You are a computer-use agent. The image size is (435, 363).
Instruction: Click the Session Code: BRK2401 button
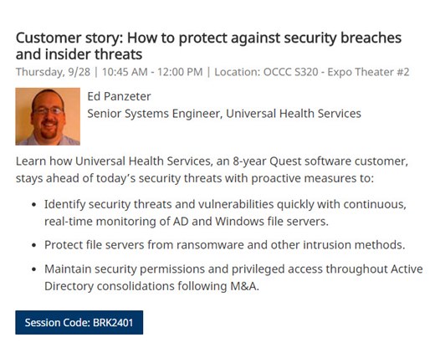[79, 322]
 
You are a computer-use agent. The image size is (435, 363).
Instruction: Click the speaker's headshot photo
[48, 116]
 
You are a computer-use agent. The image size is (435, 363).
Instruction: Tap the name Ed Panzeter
[119, 96]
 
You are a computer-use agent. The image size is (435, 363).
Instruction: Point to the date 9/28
[79, 72]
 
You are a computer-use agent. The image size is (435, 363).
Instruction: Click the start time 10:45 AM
[125, 72]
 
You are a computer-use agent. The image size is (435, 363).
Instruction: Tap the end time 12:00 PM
[180, 72]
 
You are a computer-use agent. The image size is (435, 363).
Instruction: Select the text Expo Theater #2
[368, 72]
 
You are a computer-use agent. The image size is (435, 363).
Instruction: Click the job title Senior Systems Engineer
[155, 114]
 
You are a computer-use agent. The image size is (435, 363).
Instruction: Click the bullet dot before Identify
[34, 205]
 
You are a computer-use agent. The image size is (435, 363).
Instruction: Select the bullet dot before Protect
[34, 246]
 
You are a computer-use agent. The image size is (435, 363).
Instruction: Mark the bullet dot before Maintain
[34, 269]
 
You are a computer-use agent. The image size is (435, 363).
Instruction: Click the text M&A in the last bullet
[244, 286]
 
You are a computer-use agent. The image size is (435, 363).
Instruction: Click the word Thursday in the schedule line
[40, 72]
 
